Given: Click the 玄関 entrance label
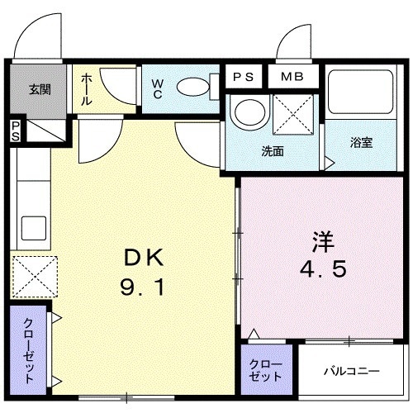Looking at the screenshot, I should click(39, 88).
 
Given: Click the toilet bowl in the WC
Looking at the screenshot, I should click(194, 86).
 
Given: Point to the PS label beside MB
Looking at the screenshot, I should click(242, 77).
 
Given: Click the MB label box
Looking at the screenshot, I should click(292, 77).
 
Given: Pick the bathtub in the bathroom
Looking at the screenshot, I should click(360, 94).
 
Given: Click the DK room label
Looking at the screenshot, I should click(145, 259).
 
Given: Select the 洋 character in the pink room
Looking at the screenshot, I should click(323, 244).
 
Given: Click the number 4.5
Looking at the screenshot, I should click(323, 271).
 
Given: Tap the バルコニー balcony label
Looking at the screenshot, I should click(352, 371).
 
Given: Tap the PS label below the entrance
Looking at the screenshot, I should click(15, 130).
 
